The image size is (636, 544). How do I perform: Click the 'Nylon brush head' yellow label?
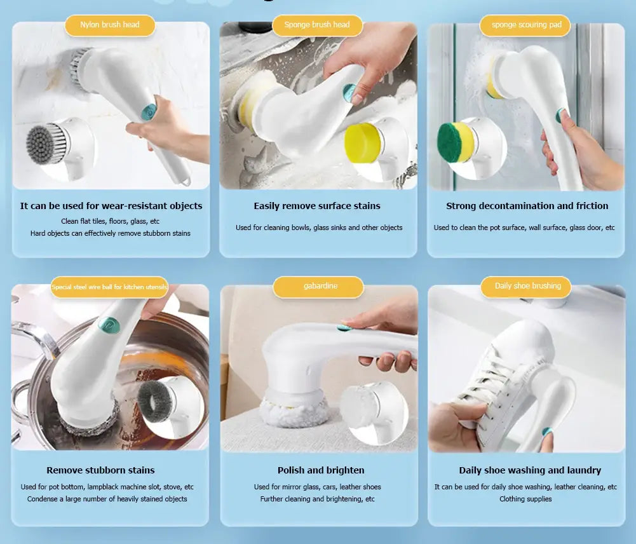(x=109, y=25)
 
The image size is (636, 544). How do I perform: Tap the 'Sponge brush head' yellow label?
(x=317, y=25)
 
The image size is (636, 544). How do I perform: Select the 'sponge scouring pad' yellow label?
(x=527, y=25)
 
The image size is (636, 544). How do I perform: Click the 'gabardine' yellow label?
(x=320, y=287)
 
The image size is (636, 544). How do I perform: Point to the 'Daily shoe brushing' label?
(x=528, y=287)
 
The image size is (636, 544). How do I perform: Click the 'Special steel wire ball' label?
(x=110, y=287)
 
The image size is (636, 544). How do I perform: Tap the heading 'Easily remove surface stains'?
(x=317, y=206)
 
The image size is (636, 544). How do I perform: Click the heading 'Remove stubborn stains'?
(x=100, y=470)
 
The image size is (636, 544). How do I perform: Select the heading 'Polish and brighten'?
(x=321, y=470)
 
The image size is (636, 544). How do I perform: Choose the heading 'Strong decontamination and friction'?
(x=527, y=206)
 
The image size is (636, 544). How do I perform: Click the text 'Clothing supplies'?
(x=525, y=499)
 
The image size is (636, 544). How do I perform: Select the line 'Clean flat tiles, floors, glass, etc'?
(x=110, y=221)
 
